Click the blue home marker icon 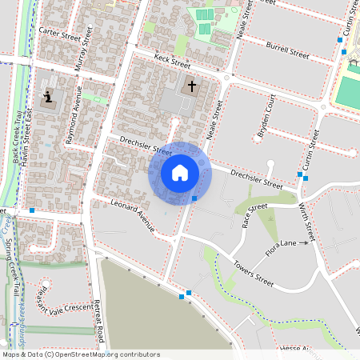click(x=180, y=173)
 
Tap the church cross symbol click(x=191, y=86)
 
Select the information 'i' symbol click(x=48, y=98)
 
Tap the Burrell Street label click(x=288, y=51)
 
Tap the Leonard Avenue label click(x=132, y=215)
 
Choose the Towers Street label click(x=253, y=273)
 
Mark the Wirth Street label click(x=306, y=222)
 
